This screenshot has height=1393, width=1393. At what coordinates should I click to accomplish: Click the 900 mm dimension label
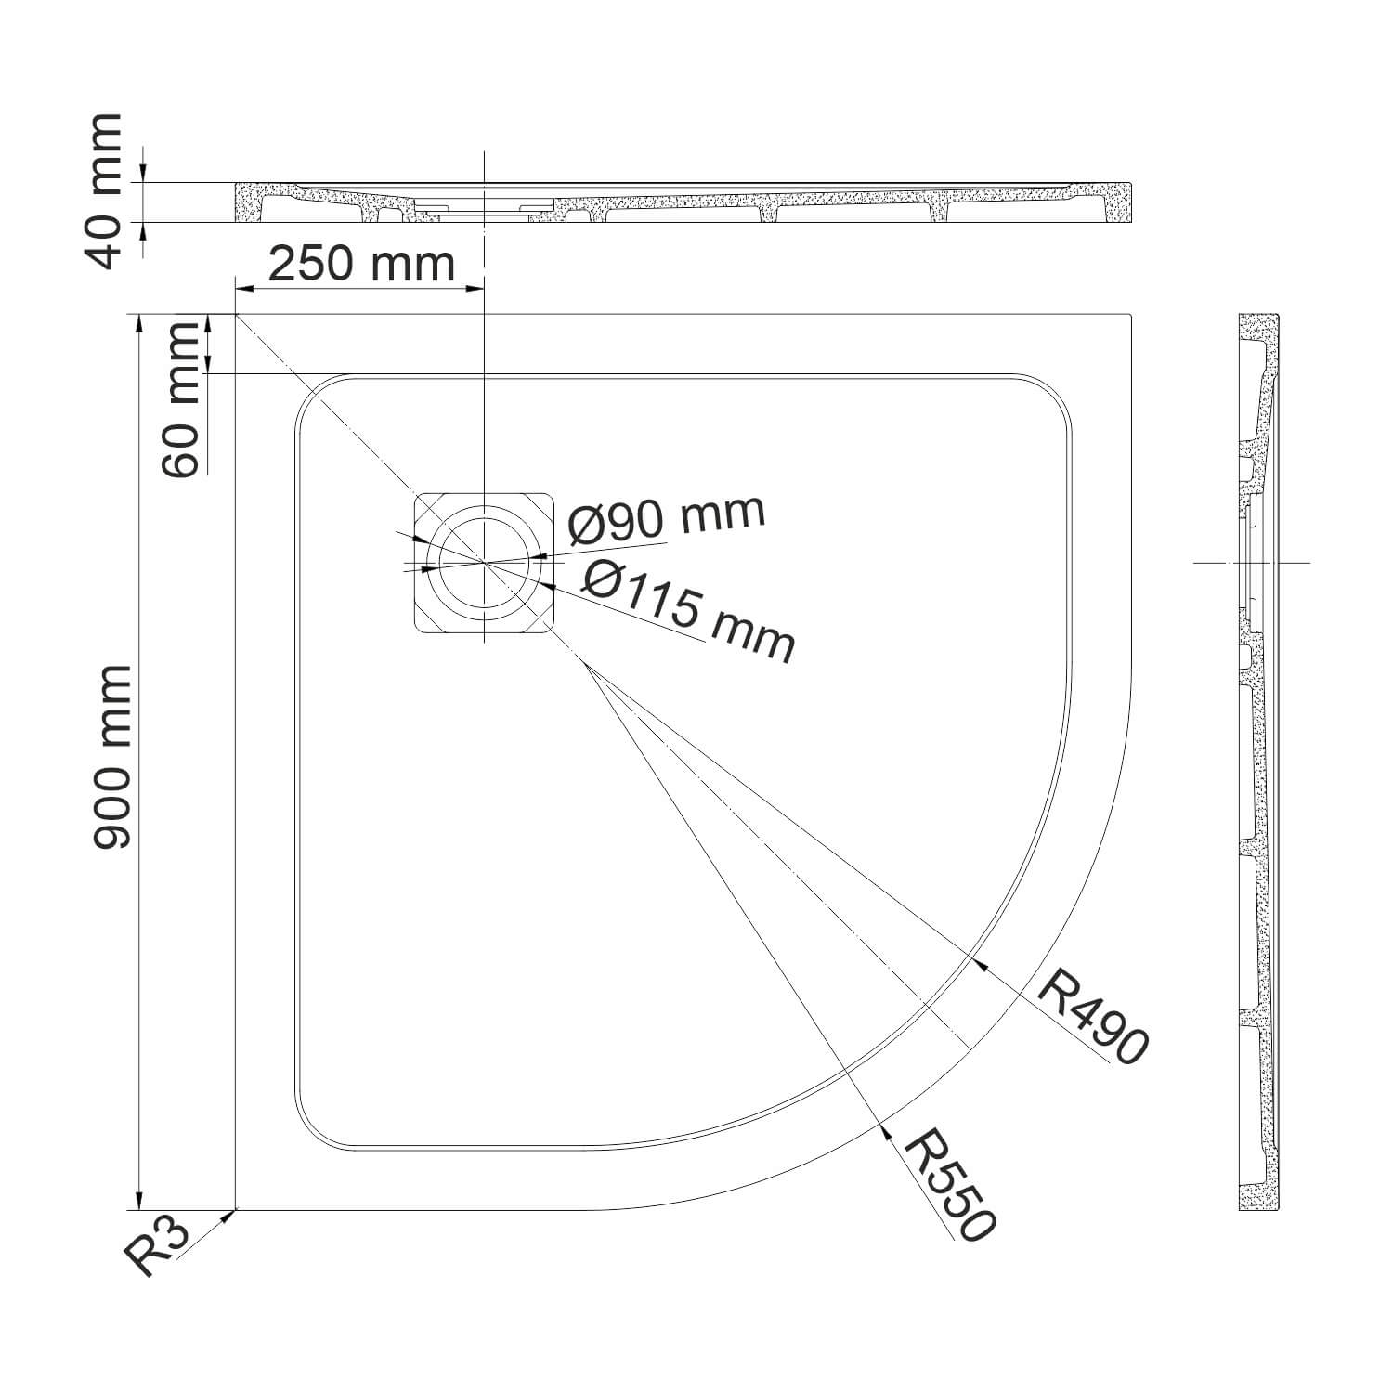pyautogui.click(x=111, y=757)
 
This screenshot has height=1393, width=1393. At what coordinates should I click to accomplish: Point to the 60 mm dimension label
pyautogui.click(x=181, y=399)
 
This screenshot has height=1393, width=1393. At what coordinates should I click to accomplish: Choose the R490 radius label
pyautogui.click(x=1092, y=1016)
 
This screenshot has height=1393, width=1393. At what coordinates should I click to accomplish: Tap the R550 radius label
pyautogui.click(x=950, y=1184)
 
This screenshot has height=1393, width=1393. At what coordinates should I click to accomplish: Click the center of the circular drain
pyautogui.click(x=484, y=562)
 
